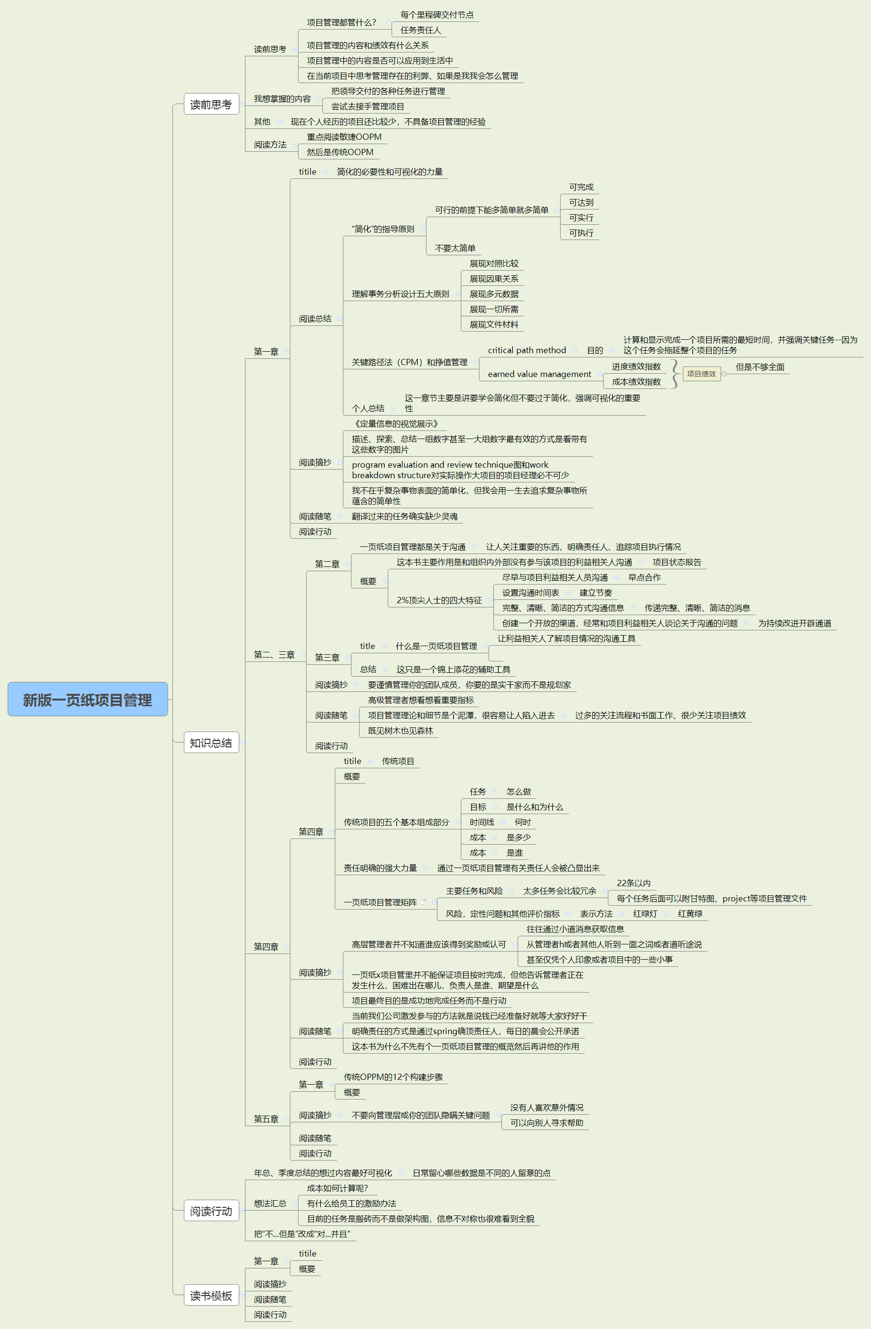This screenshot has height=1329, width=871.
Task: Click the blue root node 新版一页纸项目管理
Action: (88, 699)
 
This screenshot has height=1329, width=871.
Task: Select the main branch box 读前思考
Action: (211, 105)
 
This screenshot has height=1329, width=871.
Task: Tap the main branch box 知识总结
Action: (211, 743)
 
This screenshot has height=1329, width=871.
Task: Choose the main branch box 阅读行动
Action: (211, 1211)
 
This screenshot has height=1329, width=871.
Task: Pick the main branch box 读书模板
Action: (211, 1295)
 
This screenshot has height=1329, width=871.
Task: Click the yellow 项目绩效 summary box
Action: (701, 374)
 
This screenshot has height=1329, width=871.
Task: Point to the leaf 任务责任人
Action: (420, 30)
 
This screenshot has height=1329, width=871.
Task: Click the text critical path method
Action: (526, 350)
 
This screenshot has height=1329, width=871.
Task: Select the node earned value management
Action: (539, 374)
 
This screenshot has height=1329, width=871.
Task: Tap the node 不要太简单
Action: (455, 248)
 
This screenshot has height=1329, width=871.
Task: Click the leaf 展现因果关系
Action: (493, 279)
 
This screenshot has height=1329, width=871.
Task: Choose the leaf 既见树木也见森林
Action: (400, 731)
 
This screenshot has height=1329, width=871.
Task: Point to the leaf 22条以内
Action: (633, 883)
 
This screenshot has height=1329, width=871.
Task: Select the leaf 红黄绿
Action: (690, 913)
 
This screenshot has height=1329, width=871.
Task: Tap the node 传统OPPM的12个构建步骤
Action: (393, 1077)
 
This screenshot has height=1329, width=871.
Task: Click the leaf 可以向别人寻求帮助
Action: (546, 1122)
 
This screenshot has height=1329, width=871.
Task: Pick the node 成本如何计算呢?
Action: (337, 1188)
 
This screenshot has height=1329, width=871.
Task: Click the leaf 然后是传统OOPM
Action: (340, 152)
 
